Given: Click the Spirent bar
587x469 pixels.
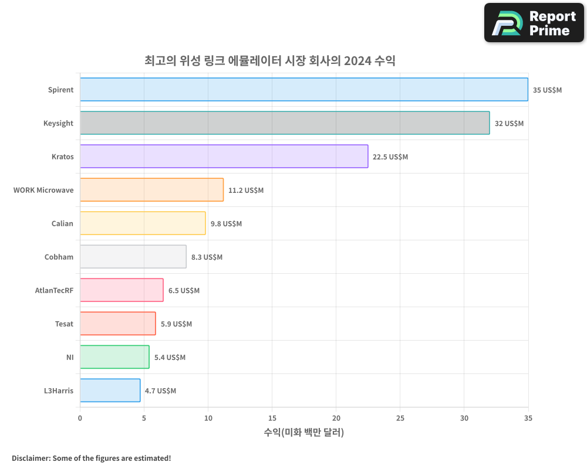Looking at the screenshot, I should point(304,90).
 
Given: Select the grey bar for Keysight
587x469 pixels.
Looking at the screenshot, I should point(285,123).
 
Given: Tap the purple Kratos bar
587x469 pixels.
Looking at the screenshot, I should point(224,157).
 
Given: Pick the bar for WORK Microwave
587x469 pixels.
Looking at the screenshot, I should point(151,190).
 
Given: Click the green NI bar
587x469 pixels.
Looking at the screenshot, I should point(114,357).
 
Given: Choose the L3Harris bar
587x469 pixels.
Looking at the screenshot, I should point(110,390).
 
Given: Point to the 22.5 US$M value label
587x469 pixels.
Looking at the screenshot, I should point(390,157).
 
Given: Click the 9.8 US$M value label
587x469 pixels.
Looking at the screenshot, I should point(226,224).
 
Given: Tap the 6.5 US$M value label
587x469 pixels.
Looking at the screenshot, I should point(184,291).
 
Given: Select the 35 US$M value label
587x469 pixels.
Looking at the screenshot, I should point(547,90).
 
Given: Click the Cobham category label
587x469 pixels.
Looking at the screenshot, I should point(59,257).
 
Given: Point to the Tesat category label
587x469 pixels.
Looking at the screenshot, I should point(65,324).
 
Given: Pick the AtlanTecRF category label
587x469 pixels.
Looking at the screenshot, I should point(55,290).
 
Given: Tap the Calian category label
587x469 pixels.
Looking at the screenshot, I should point(62,223).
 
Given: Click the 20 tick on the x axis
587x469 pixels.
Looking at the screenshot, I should point(336,418).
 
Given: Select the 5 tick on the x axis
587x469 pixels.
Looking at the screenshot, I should point(144,418).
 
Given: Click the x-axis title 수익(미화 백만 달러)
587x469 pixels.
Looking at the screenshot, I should point(304,433).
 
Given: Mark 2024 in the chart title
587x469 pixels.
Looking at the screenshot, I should point(357,60).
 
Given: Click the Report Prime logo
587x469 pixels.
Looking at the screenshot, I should point(534,23).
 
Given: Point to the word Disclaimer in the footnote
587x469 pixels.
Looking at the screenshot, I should point(30,458).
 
